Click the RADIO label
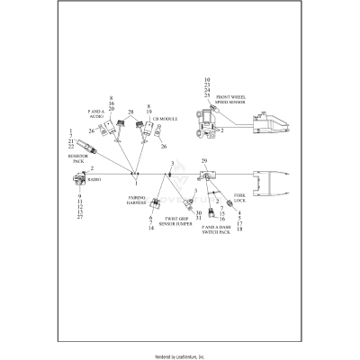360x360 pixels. [95, 179]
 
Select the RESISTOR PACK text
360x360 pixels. [77, 159]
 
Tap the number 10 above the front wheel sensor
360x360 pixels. [207, 80]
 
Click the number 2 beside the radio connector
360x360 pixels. [91, 168]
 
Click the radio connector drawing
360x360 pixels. [76, 177]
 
